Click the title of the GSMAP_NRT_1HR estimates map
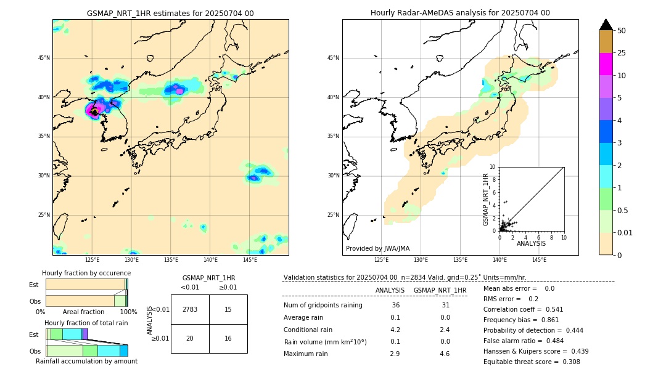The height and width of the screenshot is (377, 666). click(x=170, y=13)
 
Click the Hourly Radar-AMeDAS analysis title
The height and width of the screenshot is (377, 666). click(x=460, y=13)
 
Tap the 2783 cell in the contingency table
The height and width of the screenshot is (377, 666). click(x=190, y=309)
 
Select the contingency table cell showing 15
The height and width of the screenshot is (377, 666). click(x=228, y=309)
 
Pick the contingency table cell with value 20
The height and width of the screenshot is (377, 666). click(x=190, y=338)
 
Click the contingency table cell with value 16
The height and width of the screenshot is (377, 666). click(x=228, y=338)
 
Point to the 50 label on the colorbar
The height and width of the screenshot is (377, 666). click(x=622, y=30)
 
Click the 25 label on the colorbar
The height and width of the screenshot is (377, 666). click(x=622, y=53)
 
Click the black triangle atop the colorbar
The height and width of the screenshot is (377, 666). click(x=606, y=25)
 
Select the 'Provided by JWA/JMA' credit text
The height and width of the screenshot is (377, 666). click(x=377, y=248)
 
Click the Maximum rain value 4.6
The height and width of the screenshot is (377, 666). click(x=444, y=354)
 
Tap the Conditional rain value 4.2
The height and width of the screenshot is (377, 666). click(x=395, y=330)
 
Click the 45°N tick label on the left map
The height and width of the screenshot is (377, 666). click(x=44, y=58)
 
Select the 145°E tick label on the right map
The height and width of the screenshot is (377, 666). click(x=539, y=260)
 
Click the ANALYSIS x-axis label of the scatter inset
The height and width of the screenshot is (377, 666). click(x=531, y=244)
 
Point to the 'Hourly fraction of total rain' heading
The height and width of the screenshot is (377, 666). click(x=86, y=323)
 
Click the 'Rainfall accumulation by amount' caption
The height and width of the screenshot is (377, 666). click(x=86, y=361)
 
